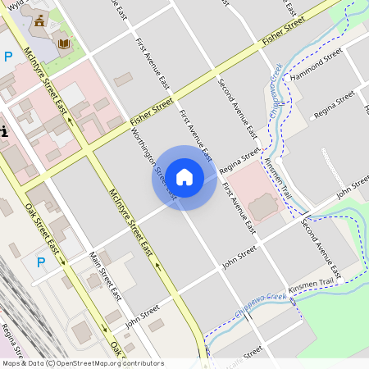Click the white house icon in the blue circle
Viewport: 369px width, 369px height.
tap(184, 177)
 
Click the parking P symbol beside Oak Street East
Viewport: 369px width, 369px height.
tap(40, 262)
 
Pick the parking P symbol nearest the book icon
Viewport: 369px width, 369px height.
tap(8, 57)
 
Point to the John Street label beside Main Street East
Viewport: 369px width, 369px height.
tap(142, 316)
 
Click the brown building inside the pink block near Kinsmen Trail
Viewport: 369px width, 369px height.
tap(263, 208)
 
